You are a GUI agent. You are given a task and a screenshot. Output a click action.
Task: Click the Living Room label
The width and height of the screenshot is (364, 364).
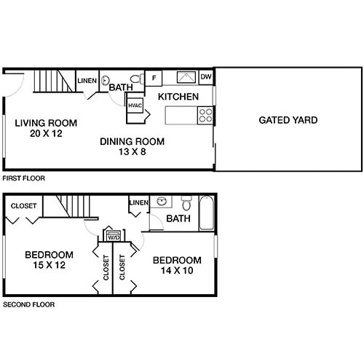45,128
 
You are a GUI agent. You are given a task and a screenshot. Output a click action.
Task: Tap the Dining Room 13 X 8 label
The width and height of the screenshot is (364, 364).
132,146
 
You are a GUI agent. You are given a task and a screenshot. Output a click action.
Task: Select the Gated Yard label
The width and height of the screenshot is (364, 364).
288,120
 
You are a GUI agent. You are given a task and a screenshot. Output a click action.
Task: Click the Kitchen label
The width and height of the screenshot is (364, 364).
178,96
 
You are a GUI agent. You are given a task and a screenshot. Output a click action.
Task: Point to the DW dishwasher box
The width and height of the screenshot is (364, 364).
206,77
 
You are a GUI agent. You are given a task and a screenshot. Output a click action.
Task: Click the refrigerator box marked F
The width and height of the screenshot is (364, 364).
154,78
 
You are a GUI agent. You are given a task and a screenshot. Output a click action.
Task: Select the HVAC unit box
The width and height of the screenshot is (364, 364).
135,106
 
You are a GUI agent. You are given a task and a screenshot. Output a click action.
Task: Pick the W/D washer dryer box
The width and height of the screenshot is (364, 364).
114,235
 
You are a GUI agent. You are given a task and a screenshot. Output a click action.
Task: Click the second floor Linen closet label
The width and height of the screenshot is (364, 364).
138,202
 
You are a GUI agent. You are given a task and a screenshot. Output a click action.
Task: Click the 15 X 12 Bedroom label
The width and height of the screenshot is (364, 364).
49,259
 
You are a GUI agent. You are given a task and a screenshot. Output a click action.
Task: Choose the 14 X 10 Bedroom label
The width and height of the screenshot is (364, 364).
176,266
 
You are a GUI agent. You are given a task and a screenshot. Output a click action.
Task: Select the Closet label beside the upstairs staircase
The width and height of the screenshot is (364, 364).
23,206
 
